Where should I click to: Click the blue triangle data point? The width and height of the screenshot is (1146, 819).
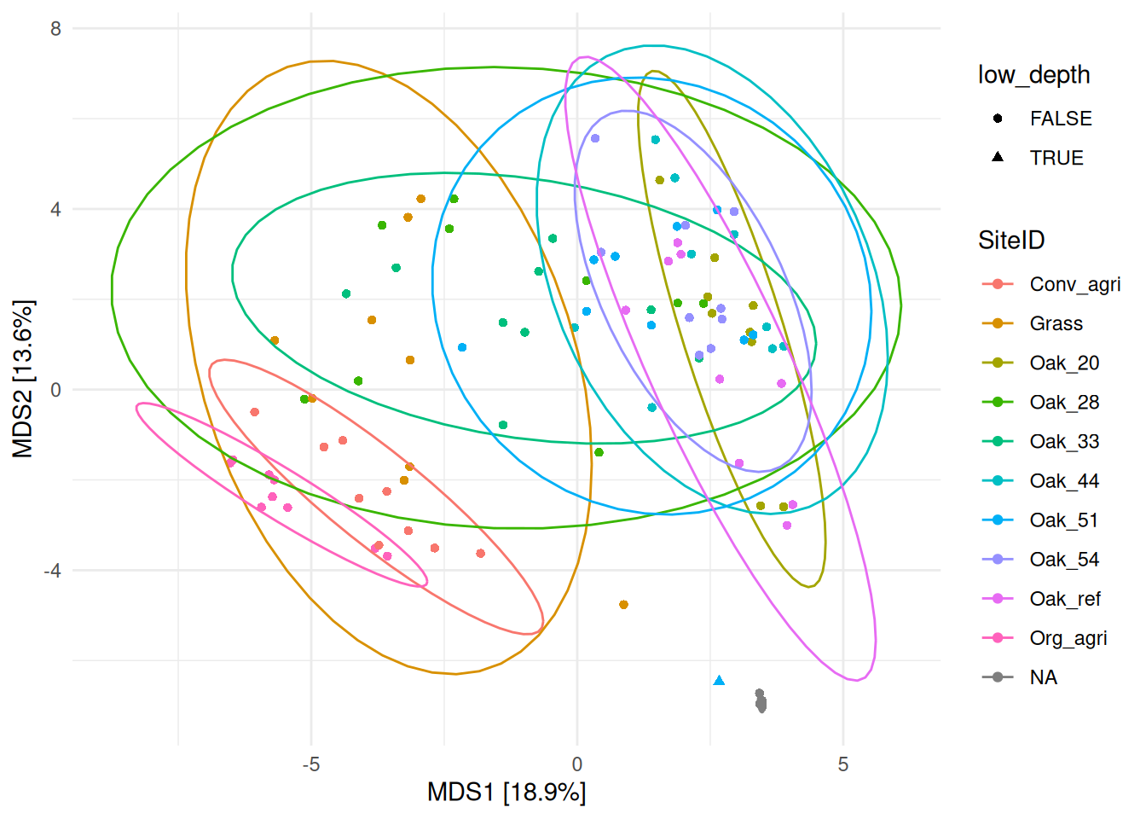719,680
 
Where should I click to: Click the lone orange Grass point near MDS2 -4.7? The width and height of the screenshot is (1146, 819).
623,605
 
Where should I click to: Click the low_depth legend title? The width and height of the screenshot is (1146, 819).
1033,75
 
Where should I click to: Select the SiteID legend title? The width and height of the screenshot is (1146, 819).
1011,241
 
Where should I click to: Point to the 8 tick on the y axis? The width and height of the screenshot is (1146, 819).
56,28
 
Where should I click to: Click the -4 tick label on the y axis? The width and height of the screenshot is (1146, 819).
53,571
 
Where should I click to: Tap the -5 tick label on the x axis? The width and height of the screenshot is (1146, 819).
311,764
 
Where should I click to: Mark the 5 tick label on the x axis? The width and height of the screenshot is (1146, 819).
843,764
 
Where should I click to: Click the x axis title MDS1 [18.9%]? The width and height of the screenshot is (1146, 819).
506,793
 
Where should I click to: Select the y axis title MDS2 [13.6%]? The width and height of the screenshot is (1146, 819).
23,379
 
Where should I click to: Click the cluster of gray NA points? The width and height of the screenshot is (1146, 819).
761,702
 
